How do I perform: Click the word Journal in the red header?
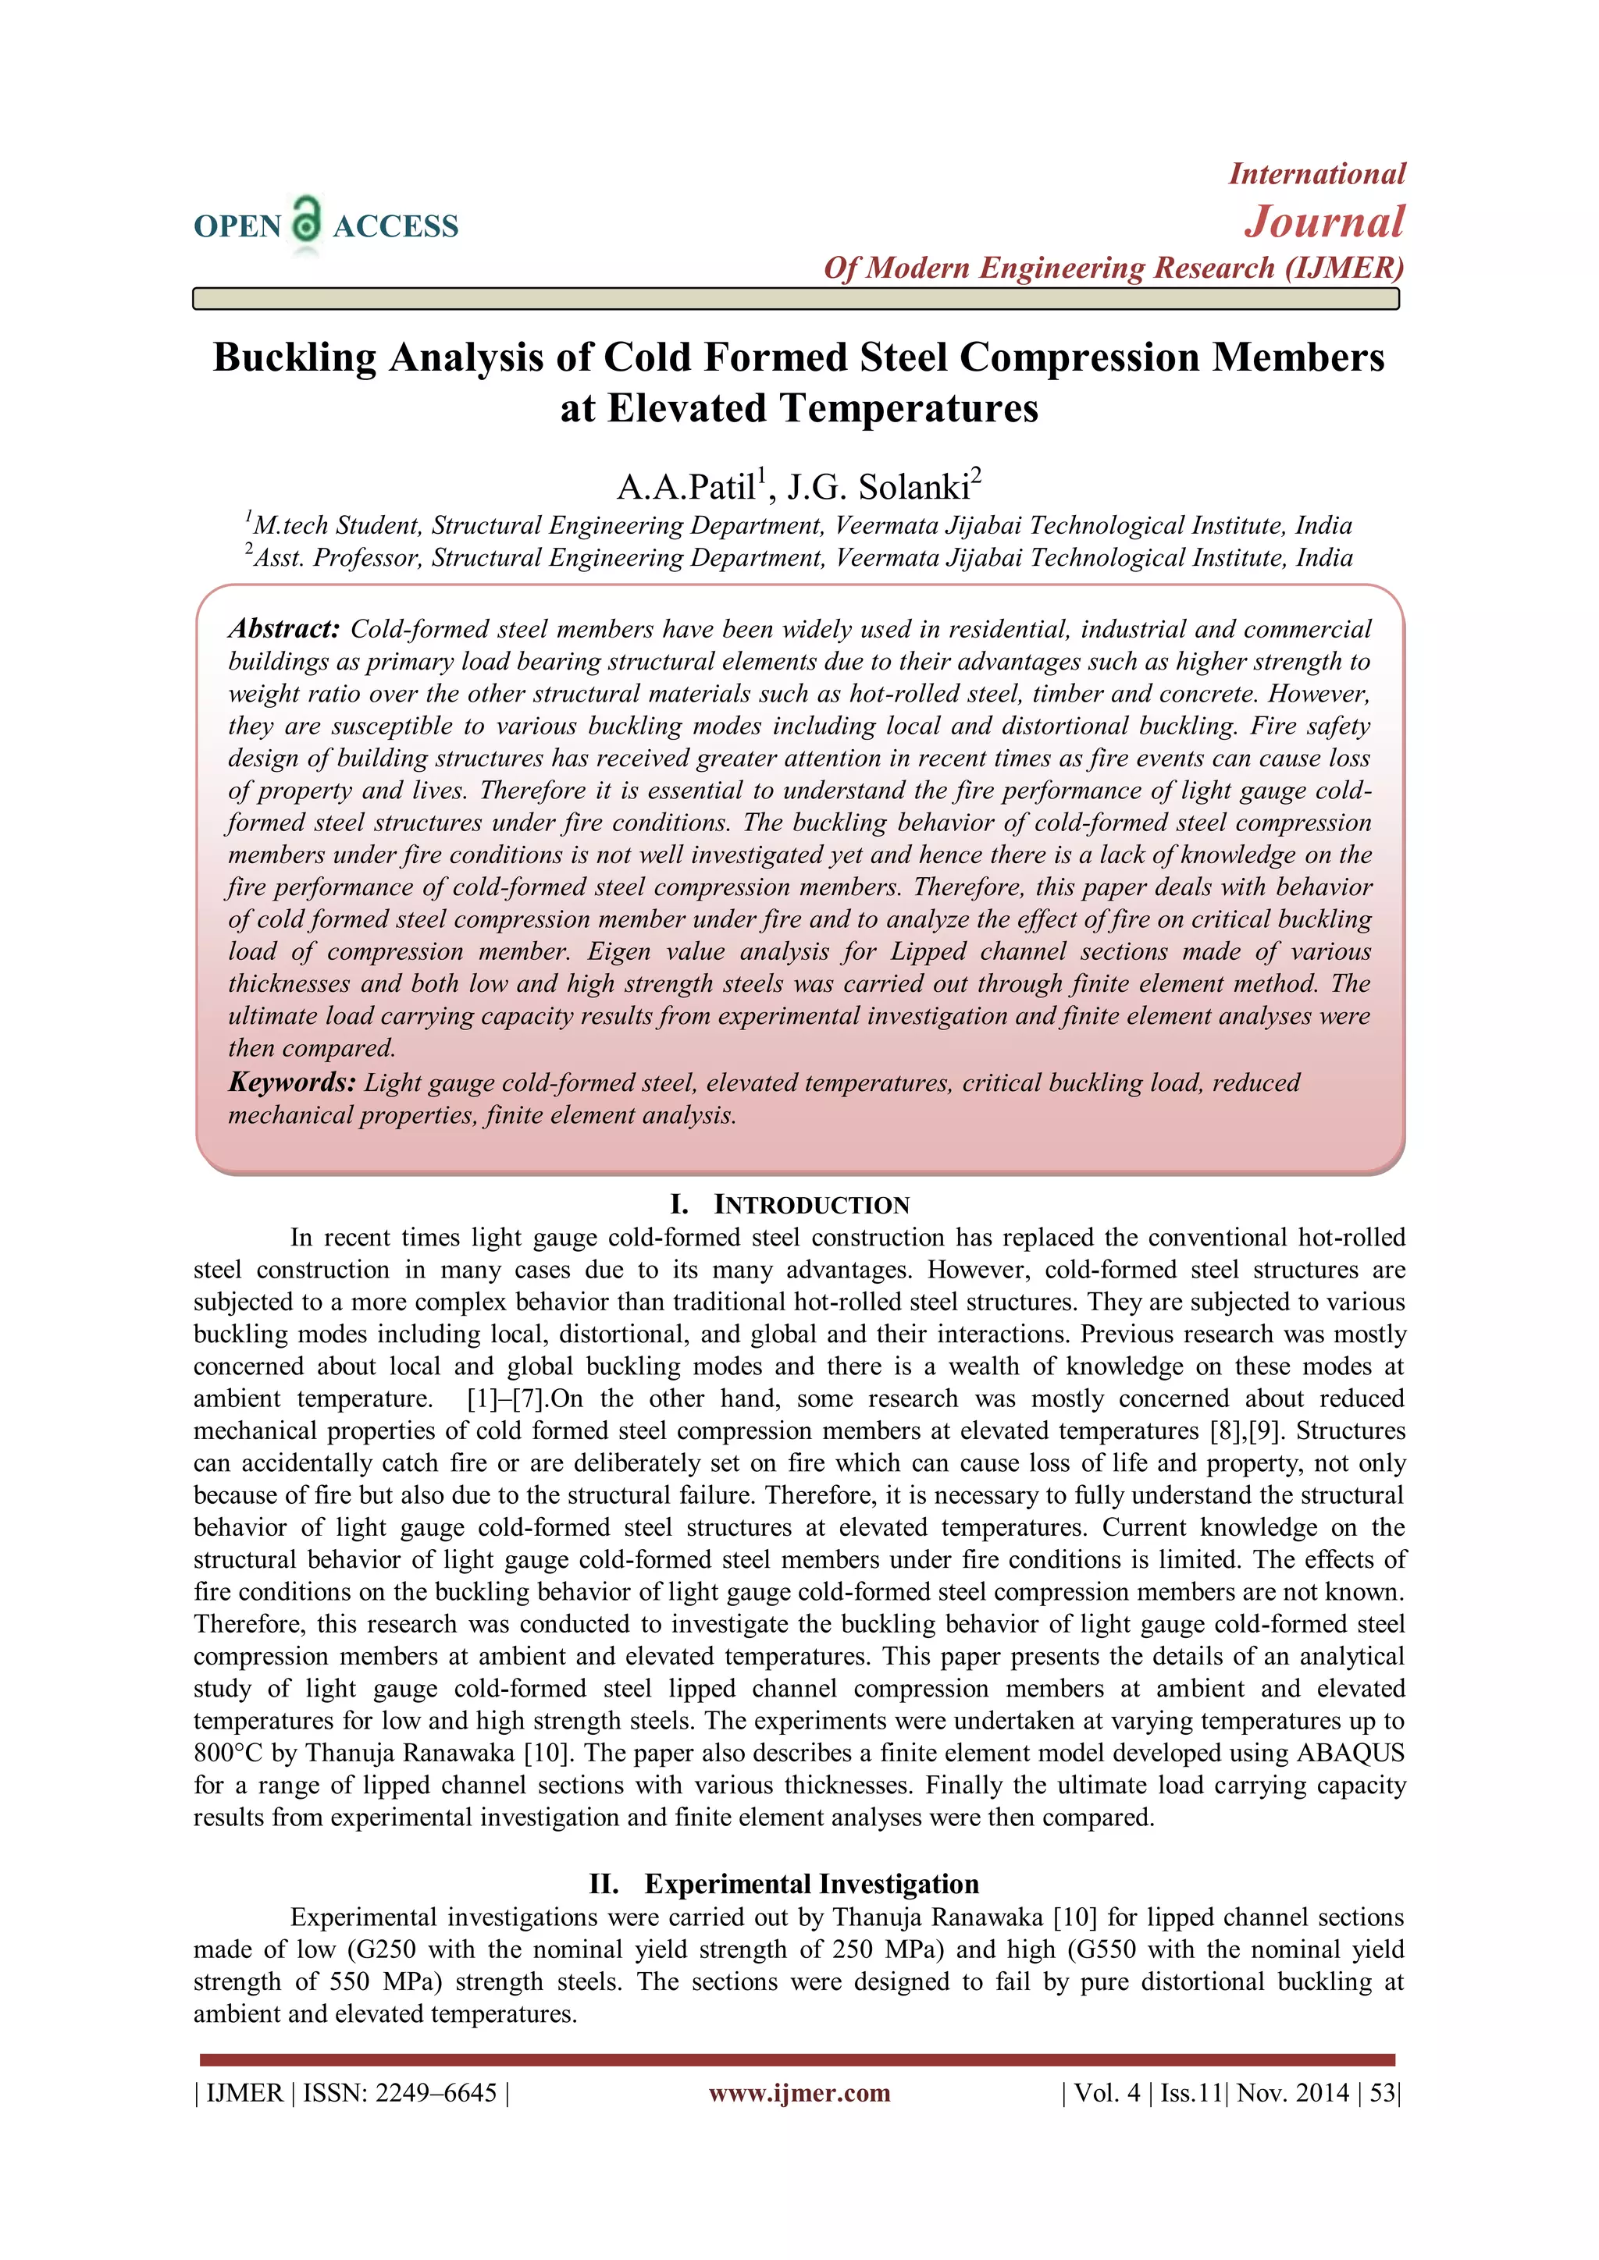(1324, 222)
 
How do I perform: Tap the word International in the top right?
(1316, 174)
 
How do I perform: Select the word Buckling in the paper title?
(294, 357)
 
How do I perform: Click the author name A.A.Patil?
(686, 487)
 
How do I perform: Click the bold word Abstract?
(283, 629)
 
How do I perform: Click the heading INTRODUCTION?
(811, 1205)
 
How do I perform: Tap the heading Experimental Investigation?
(811, 1884)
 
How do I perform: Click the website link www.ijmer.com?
(799, 2093)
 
